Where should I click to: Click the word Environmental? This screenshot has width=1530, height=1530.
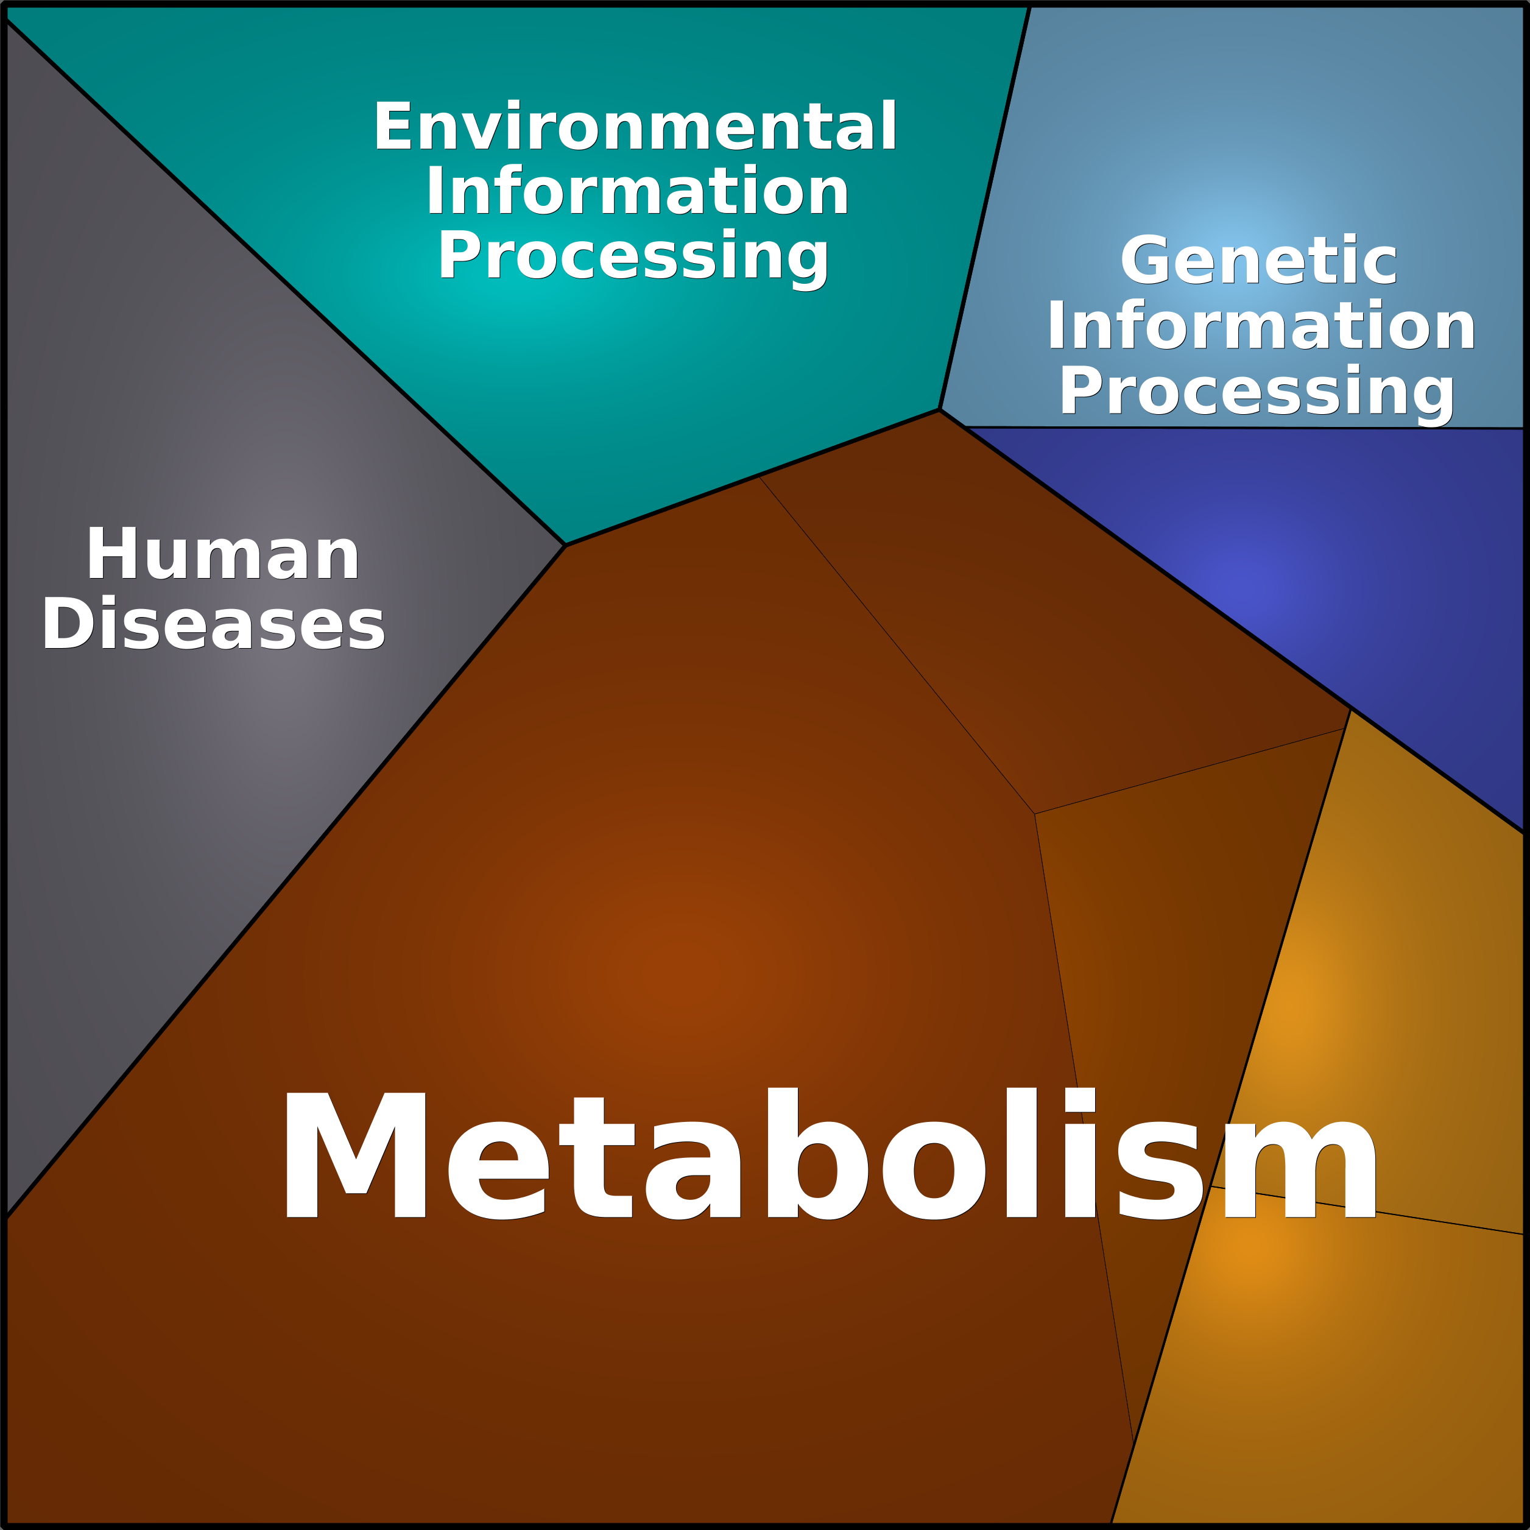635,125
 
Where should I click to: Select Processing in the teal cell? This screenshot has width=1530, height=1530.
633,256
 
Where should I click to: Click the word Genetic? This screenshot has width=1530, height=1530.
1258,259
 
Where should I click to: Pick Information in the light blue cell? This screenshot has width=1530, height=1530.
1261,325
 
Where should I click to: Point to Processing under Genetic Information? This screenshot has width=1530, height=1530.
1257,391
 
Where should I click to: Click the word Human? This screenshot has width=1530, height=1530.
224,554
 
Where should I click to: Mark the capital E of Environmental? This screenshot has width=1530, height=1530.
393,125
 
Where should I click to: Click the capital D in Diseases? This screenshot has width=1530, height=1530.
69,623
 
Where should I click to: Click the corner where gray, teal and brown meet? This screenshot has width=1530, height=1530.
565,545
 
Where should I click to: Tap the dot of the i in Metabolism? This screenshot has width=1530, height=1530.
1079,1100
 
